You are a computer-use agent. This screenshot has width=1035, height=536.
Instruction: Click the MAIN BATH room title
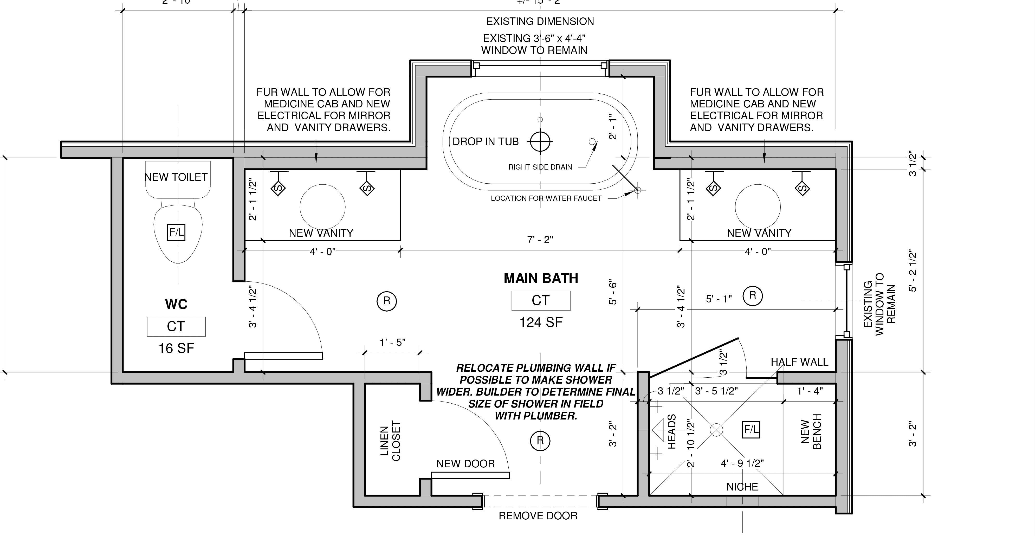tap(541, 278)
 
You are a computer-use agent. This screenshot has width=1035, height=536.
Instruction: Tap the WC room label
tap(176, 304)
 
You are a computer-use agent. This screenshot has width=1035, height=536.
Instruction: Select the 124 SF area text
tap(541, 322)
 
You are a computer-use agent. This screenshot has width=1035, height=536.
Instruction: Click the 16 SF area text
tap(176, 348)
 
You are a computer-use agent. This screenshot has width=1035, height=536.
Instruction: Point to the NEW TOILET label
tap(176, 177)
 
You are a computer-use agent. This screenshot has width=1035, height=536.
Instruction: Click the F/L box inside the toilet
tap(176, 232)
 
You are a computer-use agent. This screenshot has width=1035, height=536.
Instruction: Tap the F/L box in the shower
tap(751, 430)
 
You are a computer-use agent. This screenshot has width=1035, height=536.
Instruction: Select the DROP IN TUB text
tap(485, 141)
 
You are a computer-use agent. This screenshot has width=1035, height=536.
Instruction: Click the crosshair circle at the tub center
tap(540, 141)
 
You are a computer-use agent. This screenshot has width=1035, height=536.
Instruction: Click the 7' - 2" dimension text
tap(540, 240)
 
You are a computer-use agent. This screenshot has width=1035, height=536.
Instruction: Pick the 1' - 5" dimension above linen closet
tap(392, 342)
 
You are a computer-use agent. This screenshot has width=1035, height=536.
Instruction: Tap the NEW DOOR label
tap(465, 464)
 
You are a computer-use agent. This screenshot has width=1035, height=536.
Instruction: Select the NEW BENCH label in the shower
tap(811, 431)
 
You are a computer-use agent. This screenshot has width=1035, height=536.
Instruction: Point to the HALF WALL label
tap(799, 362)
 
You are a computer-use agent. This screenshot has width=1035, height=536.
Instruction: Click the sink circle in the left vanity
tap(322, 206)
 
